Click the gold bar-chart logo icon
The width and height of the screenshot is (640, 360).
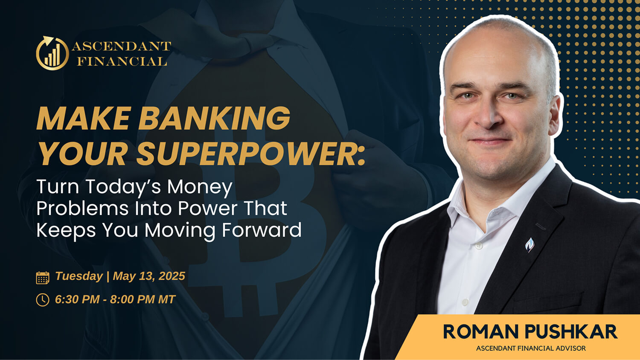(52, 53)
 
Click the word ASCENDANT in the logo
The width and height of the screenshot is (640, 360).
(122, 46)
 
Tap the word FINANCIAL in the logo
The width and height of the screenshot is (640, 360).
(122, 61)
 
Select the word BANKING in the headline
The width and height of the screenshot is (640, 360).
(215, 118)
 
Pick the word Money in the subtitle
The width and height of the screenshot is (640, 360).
(199, 187)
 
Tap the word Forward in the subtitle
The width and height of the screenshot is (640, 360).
(262, 230)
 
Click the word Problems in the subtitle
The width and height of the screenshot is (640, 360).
(83, 209)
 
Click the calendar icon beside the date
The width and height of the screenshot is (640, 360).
(43, 277)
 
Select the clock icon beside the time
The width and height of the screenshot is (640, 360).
(43, 300)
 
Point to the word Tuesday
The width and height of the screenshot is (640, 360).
(79, 276)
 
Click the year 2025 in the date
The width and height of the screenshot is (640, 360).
(172, 276)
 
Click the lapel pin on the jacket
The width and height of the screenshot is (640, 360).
(529, 245)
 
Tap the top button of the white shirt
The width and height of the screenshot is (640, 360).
(478, 245)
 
